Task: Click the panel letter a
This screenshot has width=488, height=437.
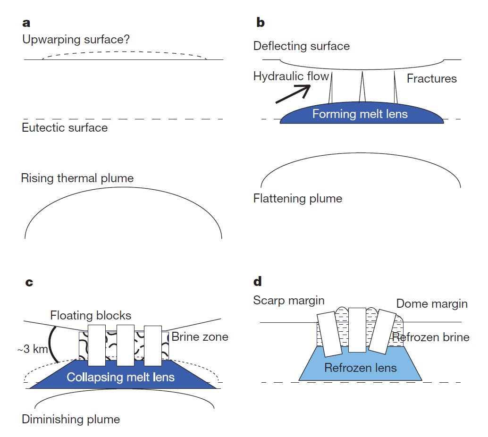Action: click(26, 23)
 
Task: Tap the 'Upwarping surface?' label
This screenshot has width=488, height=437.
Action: click(76, 40)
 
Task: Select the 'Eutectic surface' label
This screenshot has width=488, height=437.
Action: click(65, 127)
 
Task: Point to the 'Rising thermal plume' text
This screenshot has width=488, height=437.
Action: click(77, 178)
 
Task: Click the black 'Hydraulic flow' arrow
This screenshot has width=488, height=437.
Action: click(292, 93)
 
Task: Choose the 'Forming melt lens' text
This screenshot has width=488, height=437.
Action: click(360, 114)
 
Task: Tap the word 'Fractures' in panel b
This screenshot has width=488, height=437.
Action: click(432, 78)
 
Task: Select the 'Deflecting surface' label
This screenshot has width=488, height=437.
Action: click(302, 46)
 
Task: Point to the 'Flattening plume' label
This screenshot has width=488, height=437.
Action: click(298, 198)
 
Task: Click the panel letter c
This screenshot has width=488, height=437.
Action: click(29, 283)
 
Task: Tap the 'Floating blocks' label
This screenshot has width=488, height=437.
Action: click(91, 315)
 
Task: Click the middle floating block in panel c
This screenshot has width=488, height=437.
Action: click(126, 345)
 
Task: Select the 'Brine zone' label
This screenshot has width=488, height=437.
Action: click(200, 337)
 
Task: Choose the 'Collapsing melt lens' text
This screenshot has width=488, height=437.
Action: click(121, 377)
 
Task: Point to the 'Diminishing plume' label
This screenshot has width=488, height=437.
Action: click(71, 419)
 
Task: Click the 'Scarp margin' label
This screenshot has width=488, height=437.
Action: click(289, 301)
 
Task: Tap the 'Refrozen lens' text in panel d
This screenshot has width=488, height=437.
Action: click(361, 368)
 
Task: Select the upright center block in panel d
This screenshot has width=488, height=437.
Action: click(357, 329)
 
